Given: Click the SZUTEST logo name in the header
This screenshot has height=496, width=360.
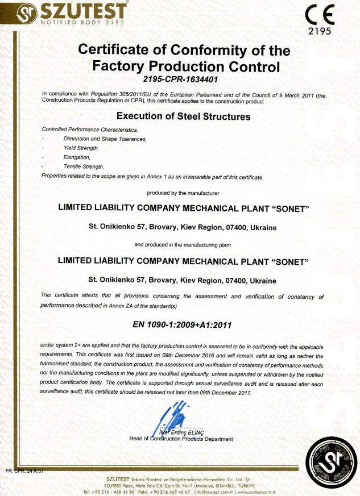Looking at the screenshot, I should click(x=75, y=11).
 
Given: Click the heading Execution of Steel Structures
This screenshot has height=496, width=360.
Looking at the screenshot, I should click(x=180, y=116).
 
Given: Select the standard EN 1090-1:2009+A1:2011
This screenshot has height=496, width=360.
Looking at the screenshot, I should click(x=180, y=324).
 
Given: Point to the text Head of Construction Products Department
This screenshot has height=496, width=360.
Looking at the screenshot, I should click(x=181, y=439).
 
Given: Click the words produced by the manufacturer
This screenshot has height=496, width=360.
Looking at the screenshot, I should click(x=180, y=193).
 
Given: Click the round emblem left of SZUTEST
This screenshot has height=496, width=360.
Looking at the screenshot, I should click(x=12, y=12).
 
